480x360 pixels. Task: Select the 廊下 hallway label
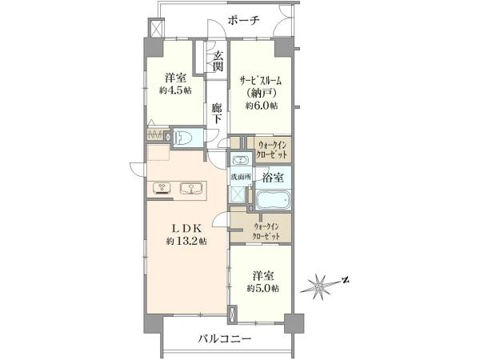(217, 113)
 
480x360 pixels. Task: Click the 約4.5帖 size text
(176, 90)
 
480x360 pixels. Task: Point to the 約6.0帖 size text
(262, 106)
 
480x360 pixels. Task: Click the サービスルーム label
(261, 80)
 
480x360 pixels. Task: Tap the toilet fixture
(183, 138)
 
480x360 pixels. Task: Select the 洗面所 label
(241, 175)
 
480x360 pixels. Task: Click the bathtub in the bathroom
(273, 200)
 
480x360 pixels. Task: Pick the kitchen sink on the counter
(193, 189)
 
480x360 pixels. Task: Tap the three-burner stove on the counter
(163, 189)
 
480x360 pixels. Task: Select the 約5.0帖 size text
(262, 288)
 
